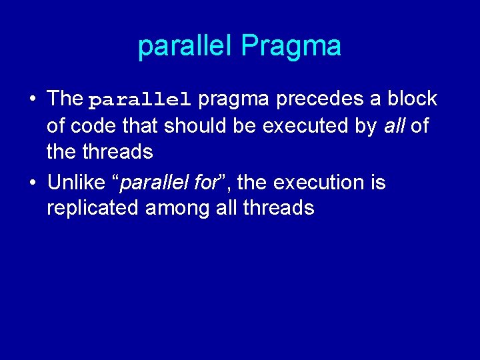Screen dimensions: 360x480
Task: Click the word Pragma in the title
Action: point(291,47)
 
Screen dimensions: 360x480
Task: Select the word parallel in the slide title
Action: point(187,46)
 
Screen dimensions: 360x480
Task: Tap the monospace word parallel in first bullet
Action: point(140,100)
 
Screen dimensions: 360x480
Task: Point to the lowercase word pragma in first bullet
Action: point(234,99)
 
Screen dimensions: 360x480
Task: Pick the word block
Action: point(411,99)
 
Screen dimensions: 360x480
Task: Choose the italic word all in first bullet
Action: point(394,125)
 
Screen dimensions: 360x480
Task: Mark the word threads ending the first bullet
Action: point(117,152)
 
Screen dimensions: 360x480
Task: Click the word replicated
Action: point(93,208)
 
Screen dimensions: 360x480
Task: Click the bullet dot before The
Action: point(31,99)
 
